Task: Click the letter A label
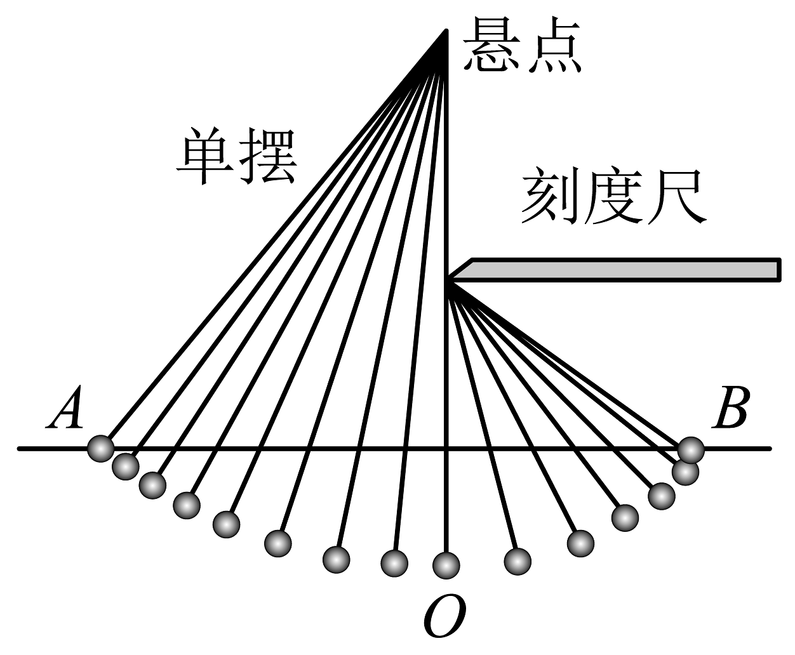pos(67,409)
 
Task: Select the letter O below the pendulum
pos(444,617)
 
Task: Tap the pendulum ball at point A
pos(100,449)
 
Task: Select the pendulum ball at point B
pos(690,450)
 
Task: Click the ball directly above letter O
pos(446,564)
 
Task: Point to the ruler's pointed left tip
pos(450,277)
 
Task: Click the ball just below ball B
pos(685,472)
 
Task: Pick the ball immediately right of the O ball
pos(517,560)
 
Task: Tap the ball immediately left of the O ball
pos(394,562)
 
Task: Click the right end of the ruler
pos(778,269)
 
